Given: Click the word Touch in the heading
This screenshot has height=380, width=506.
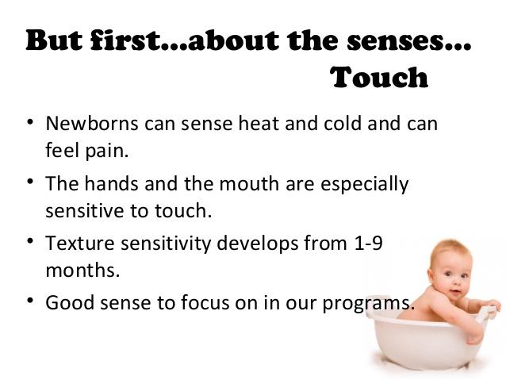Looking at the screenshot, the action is coord(380,77).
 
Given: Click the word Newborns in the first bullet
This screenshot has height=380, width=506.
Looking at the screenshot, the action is coord(92,123).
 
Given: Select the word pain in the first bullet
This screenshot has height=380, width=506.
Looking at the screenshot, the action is coord(107,151).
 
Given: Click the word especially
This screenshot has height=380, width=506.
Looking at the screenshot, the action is coord(365,184).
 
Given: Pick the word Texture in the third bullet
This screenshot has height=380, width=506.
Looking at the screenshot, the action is coord(80,243).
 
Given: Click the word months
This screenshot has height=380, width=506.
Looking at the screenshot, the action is coord(82,270).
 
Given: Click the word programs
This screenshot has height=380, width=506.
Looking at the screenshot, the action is coord(368,304).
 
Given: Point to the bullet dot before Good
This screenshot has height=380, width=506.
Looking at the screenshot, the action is coord(30,300).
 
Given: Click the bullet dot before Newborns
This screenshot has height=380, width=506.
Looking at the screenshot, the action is coord(30,121).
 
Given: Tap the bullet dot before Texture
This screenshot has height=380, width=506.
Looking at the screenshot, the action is coord(30,241).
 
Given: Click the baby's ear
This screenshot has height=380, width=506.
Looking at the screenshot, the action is coord(431,275).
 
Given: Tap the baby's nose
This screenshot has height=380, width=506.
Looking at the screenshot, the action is coord(457,283).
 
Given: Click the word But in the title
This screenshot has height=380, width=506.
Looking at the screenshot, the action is coord(54,40).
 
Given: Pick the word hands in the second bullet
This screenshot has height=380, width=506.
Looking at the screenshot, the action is coord(112,183).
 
